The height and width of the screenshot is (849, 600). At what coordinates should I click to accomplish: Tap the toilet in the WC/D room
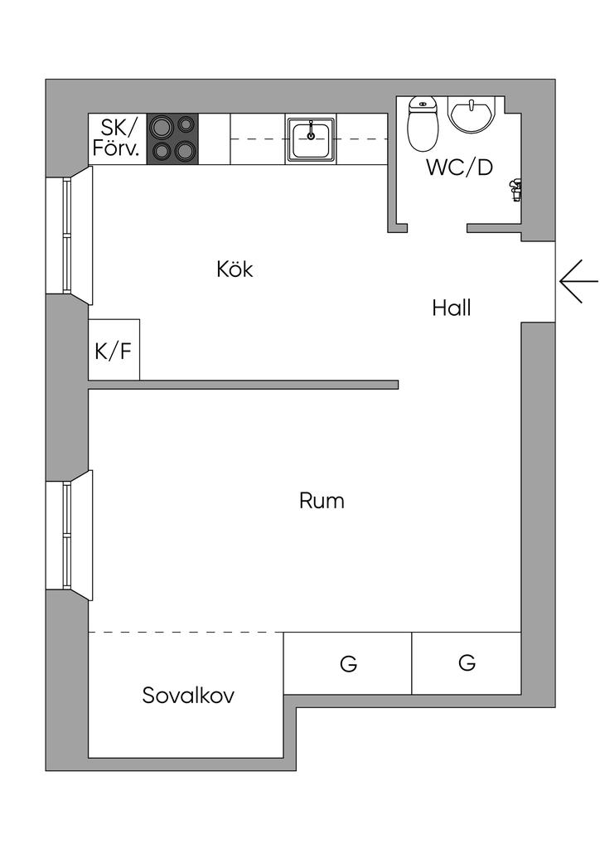pyautogui.click(x=423, y=124)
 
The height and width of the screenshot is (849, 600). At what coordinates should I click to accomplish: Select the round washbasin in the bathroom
pyautogui.click(x=473, y=114)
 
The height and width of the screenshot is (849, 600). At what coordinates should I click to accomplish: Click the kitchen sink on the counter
pyautogui.click(x=311, y=138)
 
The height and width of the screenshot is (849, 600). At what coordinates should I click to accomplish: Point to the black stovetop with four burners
pyautogui.click(x=173, y=138)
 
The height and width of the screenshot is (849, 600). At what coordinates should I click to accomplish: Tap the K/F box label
pyautogui.click(x=113, y=351)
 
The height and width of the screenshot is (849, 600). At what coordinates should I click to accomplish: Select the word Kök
pyautogui.click(x=234, y=269)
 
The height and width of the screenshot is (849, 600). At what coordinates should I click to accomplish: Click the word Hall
pyautogui.click(x=451, y=308)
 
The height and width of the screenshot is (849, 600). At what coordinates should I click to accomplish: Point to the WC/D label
pyautogui.click(x=459, y=167)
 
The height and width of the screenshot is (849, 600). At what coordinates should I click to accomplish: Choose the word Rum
pyautogui.click(x=322, y=501)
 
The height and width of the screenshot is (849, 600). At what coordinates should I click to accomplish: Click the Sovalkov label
pyautogui.click(x=188, y=695)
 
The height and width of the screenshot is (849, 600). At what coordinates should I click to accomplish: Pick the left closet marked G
pyautogui.click(x=348, y=664)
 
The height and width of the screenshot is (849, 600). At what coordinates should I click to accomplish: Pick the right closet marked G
pyautogui.click(x=467, y=662)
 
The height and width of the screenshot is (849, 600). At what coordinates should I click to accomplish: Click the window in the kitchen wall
pyautogui.click(x=68, y=235)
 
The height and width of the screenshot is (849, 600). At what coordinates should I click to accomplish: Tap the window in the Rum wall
pyautogui.click(x=68, y=536)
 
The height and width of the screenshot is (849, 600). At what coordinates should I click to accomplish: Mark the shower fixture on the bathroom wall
pyautogui.click(x=514, y=190)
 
